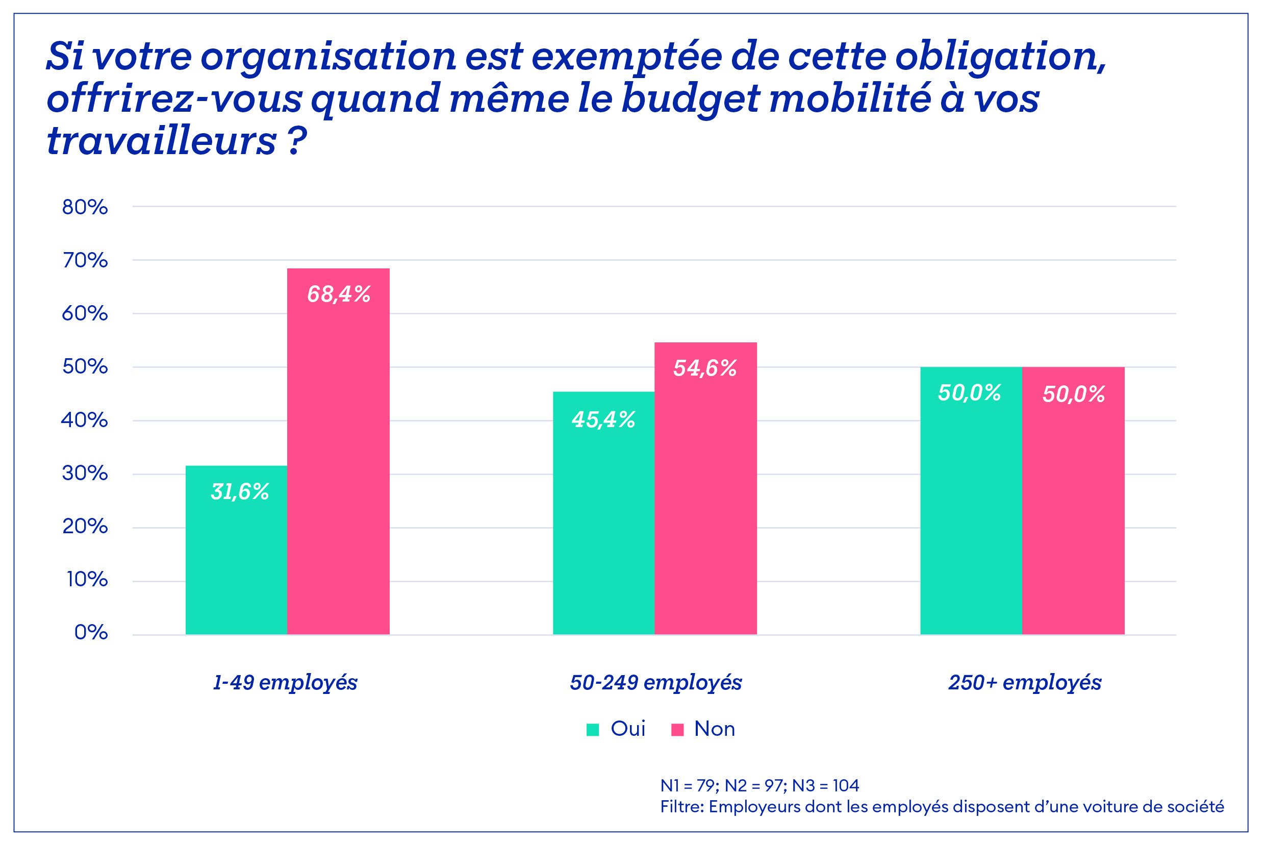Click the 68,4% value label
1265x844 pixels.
(339, 294)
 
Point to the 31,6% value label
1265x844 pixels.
(239, 491)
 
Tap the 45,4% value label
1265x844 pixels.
(603, 420)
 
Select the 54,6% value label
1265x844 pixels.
(705, 368)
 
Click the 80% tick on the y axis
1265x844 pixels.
(85, 207)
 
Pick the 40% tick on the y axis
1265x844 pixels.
(85, 420)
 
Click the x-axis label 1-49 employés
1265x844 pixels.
(285, 683)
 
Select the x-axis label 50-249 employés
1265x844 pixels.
(655, 683)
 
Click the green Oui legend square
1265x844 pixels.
(592, 730)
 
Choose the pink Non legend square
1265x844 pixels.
(677, 730)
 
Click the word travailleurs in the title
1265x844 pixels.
(161, 141)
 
